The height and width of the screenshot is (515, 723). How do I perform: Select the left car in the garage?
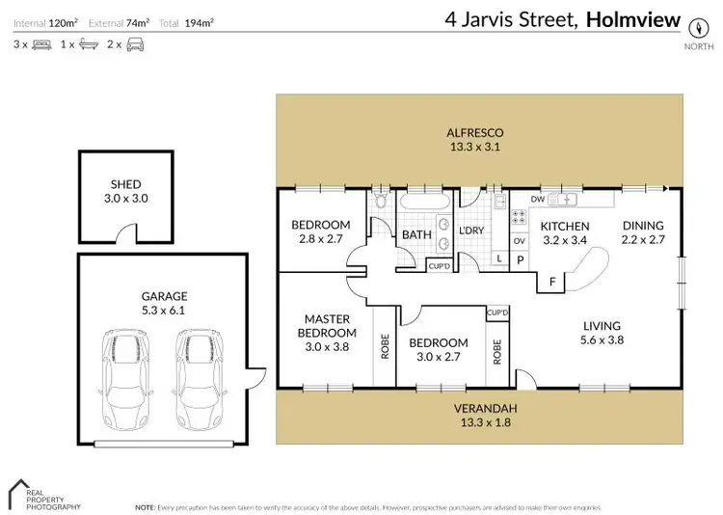tap(126, 381)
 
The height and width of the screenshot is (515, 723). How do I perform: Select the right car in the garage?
tap(197, 381)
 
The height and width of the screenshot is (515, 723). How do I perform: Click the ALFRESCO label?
tap(475, 140)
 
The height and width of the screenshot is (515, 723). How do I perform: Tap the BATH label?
tap(416, 234)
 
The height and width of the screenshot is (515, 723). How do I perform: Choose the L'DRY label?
tap(471, 231)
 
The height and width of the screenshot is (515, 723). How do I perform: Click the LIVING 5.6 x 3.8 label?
tap(601, 333)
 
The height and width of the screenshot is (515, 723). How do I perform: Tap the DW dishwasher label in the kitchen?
tap(538, 200)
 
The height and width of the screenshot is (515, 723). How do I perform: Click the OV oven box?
tap(519, 240)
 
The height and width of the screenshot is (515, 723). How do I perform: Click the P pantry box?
tap(520, 259)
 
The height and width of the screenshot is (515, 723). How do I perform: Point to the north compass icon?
tap(693, 24)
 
